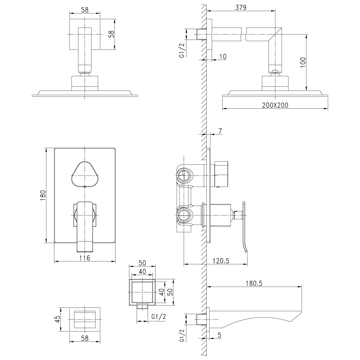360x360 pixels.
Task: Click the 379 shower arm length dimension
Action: click(x=241, y=8)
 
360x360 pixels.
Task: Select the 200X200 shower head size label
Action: click(x=275, y=105)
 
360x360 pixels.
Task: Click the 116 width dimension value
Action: click(x=85, y=258)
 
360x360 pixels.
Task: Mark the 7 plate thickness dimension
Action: click(x=220, y=131)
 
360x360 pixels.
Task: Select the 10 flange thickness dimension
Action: click(x=223, y=56)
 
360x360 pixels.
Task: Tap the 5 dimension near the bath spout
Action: click(x=219, y=335)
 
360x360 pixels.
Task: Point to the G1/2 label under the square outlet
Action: click(x=159, y=317)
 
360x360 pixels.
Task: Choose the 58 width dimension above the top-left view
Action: click(x=85, y=10)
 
